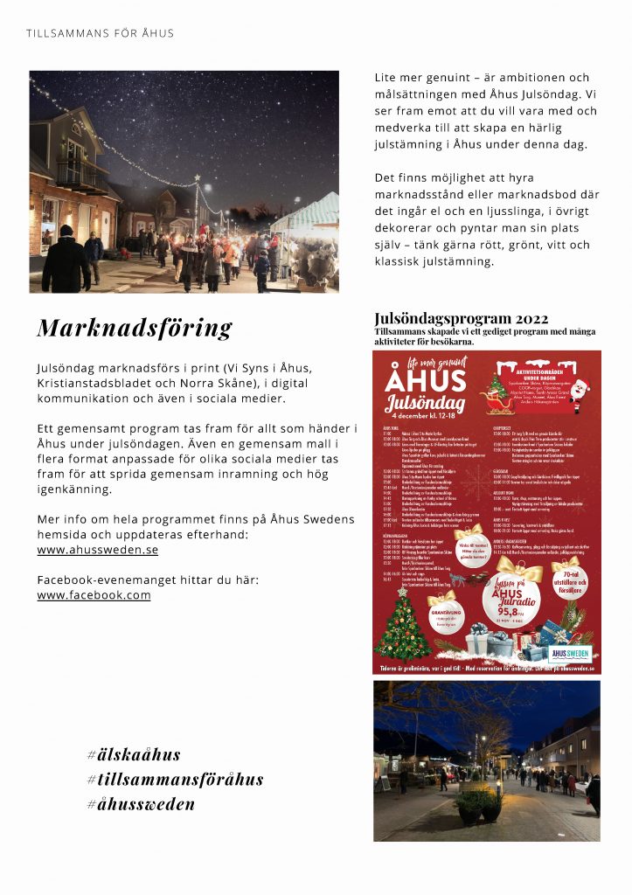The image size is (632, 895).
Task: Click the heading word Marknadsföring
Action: coord(135,328)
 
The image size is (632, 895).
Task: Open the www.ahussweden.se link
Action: coord(98,551)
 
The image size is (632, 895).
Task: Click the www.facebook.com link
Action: coord(94,595)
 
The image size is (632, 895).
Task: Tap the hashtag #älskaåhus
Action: coord(134,754)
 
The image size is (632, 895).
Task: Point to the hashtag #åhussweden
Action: coord(141,804)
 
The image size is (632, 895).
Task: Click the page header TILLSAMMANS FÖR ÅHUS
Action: coord(100,33)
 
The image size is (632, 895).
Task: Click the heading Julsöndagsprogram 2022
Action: coord(462,318)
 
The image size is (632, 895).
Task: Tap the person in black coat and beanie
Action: coord(66,260)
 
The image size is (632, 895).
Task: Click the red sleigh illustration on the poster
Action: coord(481,578)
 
